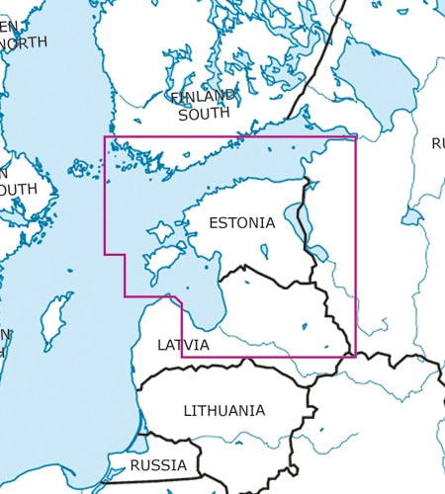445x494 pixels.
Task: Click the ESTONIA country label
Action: point(242,223)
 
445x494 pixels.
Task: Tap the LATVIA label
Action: point(183,345)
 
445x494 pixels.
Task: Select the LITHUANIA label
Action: point(224,410)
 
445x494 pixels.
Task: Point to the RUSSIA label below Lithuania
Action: point(158,464)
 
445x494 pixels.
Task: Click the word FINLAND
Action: point(204,97)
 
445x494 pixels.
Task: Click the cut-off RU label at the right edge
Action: point(437,144)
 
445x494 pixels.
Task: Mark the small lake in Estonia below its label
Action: point(264,251)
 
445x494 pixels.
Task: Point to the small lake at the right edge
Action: point(412,216)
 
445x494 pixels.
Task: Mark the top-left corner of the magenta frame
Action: point(105,136)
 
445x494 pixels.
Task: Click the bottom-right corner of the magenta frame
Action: point(355,357)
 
